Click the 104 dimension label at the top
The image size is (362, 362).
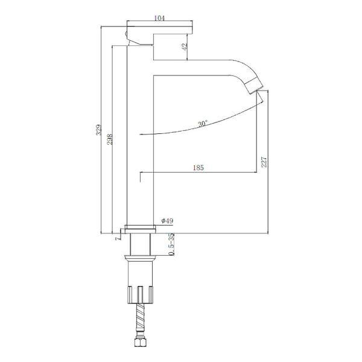pos(159,18)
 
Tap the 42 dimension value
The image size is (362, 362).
pos(185,47)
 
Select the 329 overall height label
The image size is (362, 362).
pos(98,130)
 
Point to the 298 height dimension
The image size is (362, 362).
pos(110,139)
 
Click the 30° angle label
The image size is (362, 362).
pos(203,123)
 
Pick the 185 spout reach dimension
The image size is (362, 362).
pos(198,168)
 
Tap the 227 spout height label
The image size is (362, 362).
pos(264,162)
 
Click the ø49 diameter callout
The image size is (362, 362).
pos(167,221)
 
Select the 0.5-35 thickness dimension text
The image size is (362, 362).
pos(171,244)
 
